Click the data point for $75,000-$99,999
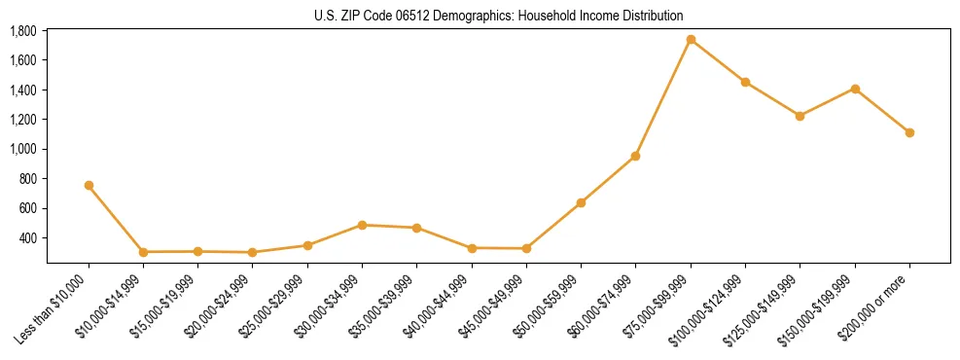coord(691,40)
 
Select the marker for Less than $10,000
coord(89,185)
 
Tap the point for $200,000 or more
coord(909,132)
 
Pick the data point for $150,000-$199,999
coord(855,89)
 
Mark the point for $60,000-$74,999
coord(635,156)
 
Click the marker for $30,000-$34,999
coord(362,225)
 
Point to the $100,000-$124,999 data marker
coord(745,82)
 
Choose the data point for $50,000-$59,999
coord(581,202)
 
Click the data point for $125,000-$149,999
coord(800,116)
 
